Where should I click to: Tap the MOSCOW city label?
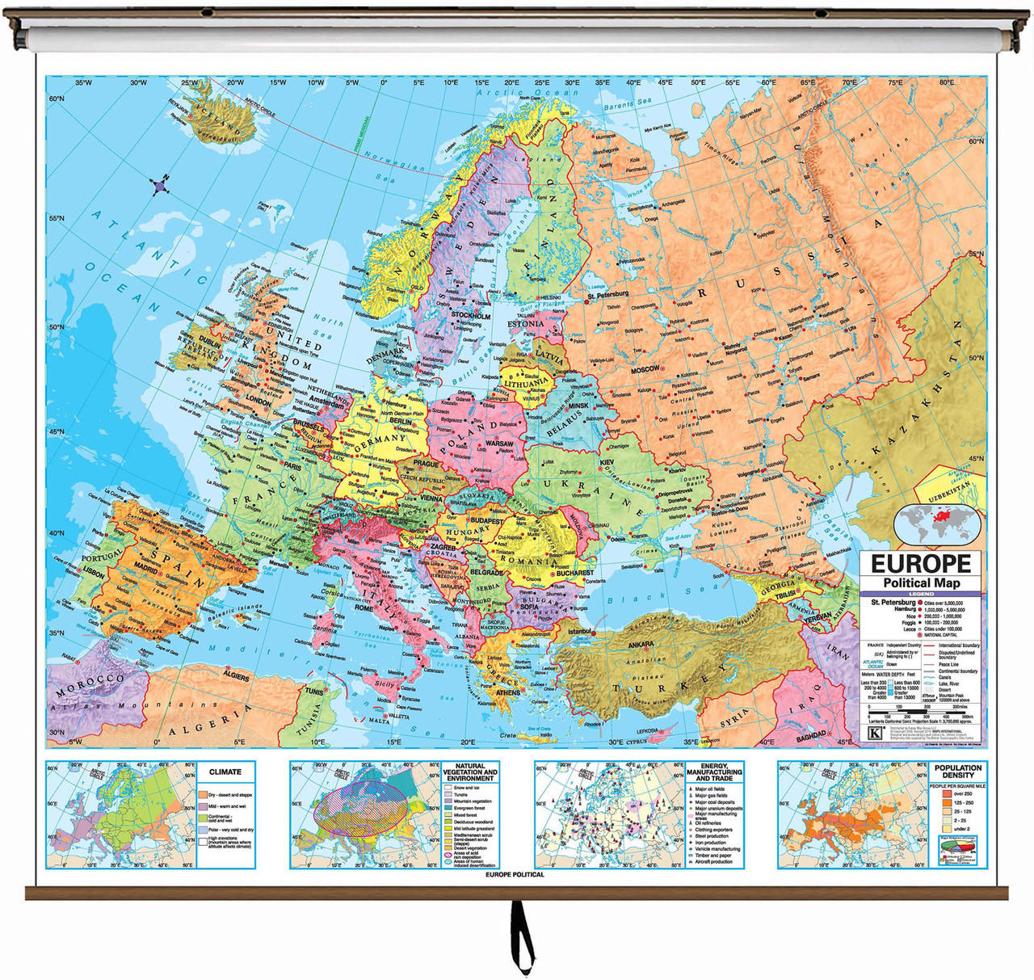(645, 369)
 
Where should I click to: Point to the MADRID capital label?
(145, 569)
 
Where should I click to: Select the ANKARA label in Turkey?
(641, 645)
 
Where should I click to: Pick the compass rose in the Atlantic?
(160, 186)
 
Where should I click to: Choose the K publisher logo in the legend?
(874, 734)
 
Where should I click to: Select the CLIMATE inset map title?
(225, 772)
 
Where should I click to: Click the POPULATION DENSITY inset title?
(958, 772)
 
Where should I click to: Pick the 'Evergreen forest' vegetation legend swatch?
(447, 808)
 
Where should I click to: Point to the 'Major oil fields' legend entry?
(709, 789)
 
